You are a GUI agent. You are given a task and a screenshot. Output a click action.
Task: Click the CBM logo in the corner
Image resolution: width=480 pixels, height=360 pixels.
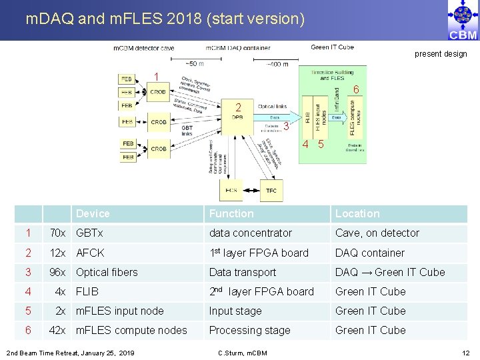(463, 20)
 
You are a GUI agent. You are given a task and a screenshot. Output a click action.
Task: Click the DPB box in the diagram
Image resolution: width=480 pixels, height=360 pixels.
(238, 117)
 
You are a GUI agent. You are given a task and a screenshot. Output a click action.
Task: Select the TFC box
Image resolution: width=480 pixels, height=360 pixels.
(271, 191)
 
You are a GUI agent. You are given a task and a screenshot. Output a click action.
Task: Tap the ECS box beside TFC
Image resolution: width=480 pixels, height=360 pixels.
(231, 191)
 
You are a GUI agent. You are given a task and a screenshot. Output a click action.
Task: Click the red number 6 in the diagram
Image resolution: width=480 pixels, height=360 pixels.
(356, 89)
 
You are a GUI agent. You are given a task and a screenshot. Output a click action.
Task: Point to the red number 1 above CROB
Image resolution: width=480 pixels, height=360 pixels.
(157, 77)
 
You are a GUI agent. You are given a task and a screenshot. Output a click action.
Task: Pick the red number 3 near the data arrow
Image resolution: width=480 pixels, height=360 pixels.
(285, 127)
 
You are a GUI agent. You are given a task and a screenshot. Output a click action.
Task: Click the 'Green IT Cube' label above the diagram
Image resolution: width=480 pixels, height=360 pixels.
(332, 47)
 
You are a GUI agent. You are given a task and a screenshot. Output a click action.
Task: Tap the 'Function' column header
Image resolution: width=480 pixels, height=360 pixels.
(231, 213)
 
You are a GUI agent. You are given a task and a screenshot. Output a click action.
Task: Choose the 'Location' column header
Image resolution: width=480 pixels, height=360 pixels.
(357, 213)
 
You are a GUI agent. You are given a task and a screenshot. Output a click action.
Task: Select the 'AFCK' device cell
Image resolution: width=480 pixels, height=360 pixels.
(90, 253)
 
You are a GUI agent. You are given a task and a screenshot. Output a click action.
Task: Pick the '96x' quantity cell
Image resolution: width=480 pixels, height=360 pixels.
(57, 272)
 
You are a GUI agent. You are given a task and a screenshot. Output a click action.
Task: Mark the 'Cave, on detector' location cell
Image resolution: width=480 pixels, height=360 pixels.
(377, 233)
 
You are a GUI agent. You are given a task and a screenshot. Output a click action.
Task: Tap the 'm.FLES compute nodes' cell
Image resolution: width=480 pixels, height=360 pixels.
(131, 330)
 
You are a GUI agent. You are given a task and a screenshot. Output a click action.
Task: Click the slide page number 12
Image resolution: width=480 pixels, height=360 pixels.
(465, 352)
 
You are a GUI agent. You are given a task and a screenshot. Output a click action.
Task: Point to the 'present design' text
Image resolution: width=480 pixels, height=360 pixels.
(441, 54)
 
